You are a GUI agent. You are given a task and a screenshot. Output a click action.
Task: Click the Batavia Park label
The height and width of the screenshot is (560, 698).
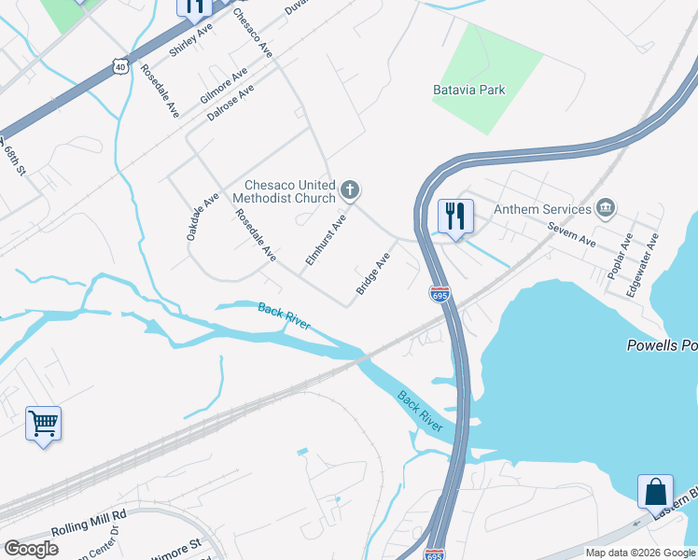click(468, 91)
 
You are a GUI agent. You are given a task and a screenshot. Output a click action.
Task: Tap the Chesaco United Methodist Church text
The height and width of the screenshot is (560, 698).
click(290, 191)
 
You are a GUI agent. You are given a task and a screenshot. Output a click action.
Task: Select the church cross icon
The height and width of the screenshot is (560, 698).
click(350, 191)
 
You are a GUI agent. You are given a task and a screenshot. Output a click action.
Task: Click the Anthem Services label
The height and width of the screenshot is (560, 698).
click(543, 209)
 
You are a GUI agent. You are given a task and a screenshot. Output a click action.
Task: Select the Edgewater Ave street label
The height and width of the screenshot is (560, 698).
click(642, 264)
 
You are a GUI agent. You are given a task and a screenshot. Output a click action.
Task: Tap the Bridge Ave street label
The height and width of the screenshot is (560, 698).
click(372, 273)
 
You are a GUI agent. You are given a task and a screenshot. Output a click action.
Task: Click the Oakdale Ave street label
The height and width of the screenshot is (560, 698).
click(202, 217)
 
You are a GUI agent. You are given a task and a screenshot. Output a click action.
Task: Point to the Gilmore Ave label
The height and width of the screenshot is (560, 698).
click(224, 85)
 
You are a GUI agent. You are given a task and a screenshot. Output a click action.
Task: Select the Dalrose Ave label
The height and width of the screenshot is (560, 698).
click(231, 104)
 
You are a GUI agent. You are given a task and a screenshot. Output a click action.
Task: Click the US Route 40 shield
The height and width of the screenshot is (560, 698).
click(118, 64)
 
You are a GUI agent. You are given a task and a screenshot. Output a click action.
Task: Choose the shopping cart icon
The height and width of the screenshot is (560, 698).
click(43, 424)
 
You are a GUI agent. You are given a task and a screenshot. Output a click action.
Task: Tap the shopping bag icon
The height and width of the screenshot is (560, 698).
click(655, 491)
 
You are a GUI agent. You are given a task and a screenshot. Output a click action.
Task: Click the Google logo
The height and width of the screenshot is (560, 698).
click(31, 549)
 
